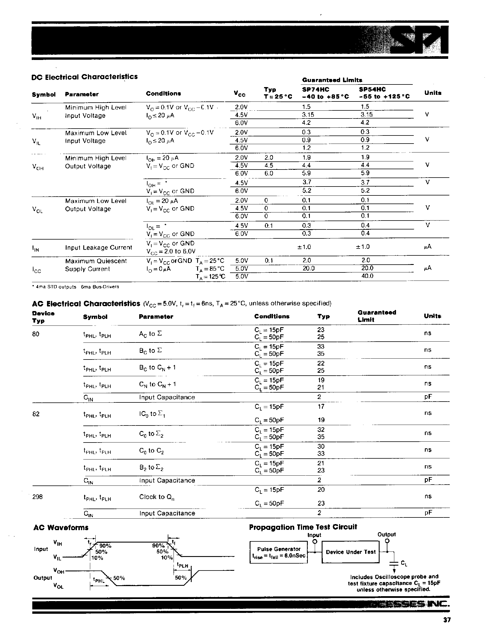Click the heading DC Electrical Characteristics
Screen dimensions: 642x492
click(x=84, y=77)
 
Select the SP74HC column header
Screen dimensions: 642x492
click(x=315, y=90)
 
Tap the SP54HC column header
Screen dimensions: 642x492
click(x=372, y=90)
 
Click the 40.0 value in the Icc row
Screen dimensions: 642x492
click(x=367, y=276)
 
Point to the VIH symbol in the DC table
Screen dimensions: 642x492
click(x=37, y=116)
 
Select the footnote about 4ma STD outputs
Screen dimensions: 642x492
click(x=75, y=287)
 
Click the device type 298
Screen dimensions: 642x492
click(x=37, y=497)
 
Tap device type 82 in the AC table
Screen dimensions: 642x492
click(x=36, y=414)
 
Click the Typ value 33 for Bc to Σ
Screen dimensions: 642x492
click(x=321, y=347)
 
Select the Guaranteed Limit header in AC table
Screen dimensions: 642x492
click(x=377, y=316)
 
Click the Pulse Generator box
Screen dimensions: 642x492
click(x=278, y=552)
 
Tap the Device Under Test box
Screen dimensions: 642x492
click(x=350, y=552)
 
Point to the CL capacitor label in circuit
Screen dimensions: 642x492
click(x=404, y=563)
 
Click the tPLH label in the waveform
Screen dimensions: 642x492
click(x=182, y=566)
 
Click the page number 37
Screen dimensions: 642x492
click(x=447, y=628)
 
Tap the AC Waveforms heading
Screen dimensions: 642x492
click(x=61, y=528)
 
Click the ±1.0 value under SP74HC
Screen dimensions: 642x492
click(x=304, y=247)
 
